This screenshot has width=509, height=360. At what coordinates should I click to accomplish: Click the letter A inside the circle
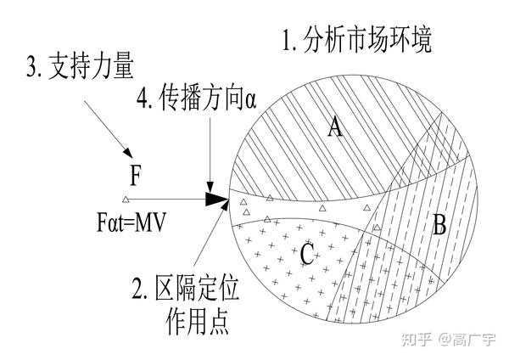(x=335, y=128)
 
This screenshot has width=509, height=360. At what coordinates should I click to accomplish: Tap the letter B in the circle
(x=439, y=225)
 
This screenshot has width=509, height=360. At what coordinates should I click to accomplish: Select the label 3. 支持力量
(x=78, y=66)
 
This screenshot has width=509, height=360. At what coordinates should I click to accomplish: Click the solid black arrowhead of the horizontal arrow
(x=219, y=200)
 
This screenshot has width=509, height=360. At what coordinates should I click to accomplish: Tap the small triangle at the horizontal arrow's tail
(x=126, y=200)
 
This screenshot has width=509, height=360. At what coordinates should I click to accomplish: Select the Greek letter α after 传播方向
(x=249, y=100)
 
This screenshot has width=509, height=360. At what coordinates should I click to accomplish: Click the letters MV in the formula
(x=151, y=222)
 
